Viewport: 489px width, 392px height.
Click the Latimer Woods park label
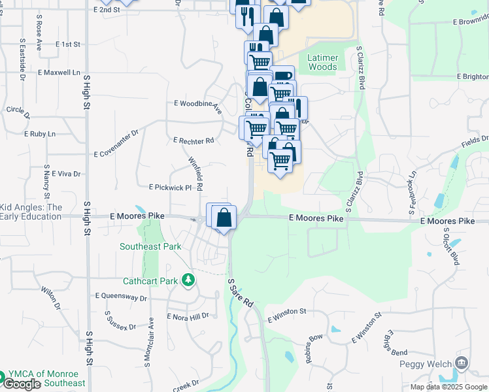pyautogui.click(x=322, y=62)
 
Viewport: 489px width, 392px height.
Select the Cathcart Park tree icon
pyautogui.click(x=189, y=280)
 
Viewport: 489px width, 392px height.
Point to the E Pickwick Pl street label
pyautogui.click(x=169, y=188)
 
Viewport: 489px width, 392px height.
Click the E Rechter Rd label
pyautogui.click(x=194, y=140)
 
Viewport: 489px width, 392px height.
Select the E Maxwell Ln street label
pyautogui.click(x=59, y=73)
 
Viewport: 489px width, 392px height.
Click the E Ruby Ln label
pyautogui.click(x=40, y=134)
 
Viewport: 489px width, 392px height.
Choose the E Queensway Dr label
pyautogui.click(x=121, y=297)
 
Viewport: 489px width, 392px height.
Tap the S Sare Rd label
pyautogui.click(x=239, y=293)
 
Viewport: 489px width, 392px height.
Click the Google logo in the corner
pyautogui.click(x=21, y=384)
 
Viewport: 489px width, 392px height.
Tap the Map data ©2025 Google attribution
pyautogui.click(x=448, y=387)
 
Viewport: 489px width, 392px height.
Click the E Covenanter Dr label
pyautogui.click(x=117, y=144)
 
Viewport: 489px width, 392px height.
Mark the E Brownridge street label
pyautogui.click(x=465, y=22)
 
